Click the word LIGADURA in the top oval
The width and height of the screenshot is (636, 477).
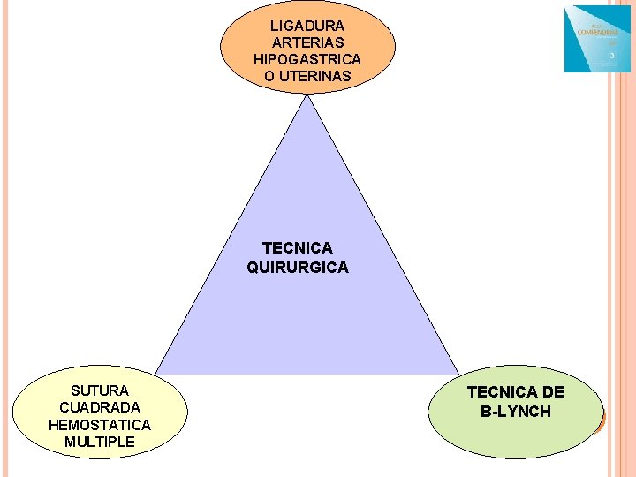click(x=307, y=26)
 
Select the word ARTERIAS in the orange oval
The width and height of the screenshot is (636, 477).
click(x=307, y=42)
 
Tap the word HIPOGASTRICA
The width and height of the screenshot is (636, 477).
click(x=307, y=59)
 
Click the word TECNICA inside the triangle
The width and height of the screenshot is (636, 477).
click(x=298, y=248)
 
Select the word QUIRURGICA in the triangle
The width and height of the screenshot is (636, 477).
click(x=298, y=267)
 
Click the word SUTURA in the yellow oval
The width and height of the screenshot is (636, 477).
click(x=100, y=390)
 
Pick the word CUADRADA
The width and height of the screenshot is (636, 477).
click(x=100, y=407)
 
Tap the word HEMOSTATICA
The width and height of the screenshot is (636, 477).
click(x=100, y=425)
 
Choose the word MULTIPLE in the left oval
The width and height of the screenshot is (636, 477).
click(x=100, y=442)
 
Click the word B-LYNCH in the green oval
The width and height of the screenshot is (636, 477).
click(x=516, y=412)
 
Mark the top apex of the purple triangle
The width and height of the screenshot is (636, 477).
click(x=307, y=95)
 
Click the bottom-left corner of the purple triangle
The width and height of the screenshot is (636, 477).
click(x=157, y=374)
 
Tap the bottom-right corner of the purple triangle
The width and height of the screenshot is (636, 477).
click(x=458, y=374)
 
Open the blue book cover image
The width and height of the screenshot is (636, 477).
click(x=597, y=40)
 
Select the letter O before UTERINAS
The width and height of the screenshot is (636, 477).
click(x=269, y=76)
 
